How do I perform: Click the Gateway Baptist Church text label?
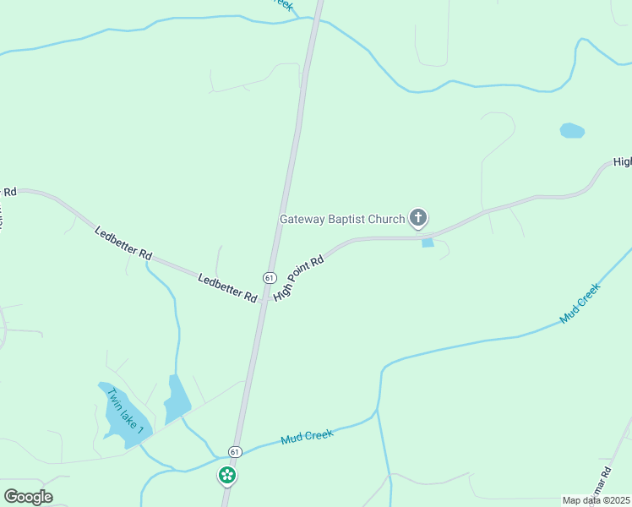[x=342, y=219]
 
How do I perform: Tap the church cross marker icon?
[x=417, y=219]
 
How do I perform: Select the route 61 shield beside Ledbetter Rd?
[x=269, y=277]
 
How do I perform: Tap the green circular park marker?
[x=226, y=476]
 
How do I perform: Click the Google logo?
[x=28, y=497]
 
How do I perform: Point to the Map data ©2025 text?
[x=596, y=500]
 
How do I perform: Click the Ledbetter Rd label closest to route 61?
[x=227, y=287]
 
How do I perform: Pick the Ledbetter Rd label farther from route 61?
[x=123, y=243]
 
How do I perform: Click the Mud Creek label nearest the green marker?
[x=308, y=437]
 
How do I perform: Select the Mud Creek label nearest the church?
[x=580, y=303]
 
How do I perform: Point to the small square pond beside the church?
[x=428, y=243]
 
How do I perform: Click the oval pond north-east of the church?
[x=572, y=131]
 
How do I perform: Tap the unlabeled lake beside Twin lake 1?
[x=177, y=399]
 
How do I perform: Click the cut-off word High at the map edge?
[x=623, y=161]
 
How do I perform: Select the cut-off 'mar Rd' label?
[x=605, y=486]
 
